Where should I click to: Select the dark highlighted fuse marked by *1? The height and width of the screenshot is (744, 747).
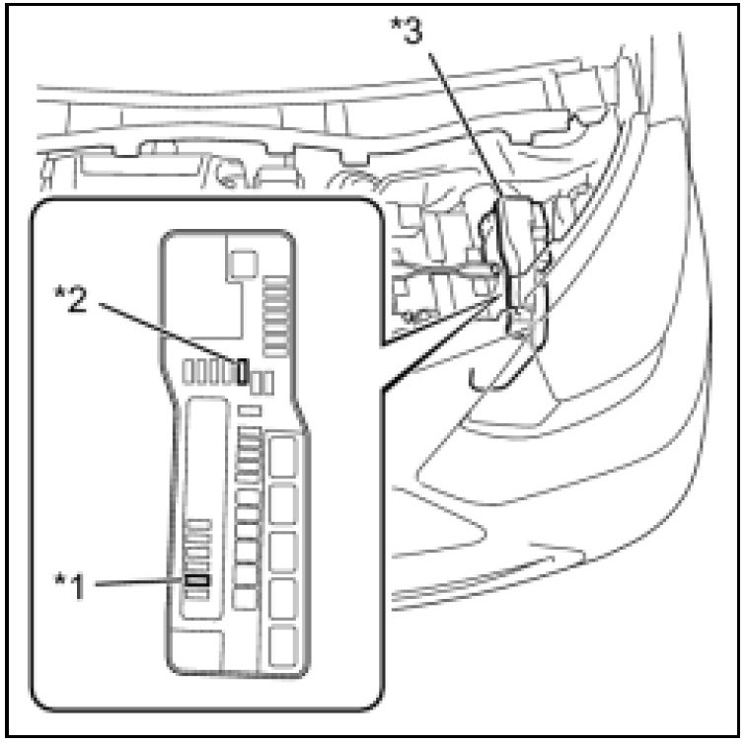pyautogui.click(x=197, y=580)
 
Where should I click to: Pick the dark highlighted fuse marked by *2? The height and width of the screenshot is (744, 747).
pyautogui.click(x=242, y=371)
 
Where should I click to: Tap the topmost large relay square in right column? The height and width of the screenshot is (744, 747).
pyautogui.click(x=284, y=457)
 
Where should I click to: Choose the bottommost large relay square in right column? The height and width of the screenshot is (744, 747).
pyautogui.click(x=284, y=642)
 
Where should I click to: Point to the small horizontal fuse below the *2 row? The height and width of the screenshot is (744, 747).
pyautogui.click(x=250, y=408)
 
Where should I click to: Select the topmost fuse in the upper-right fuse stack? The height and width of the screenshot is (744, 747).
pyautogui.click(x=275, y=281)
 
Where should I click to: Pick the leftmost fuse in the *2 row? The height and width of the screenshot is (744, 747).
pyautogui.click(x=191, y=372)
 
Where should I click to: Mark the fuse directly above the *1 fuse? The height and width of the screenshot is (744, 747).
pyautogui.click(x=197, y=564)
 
